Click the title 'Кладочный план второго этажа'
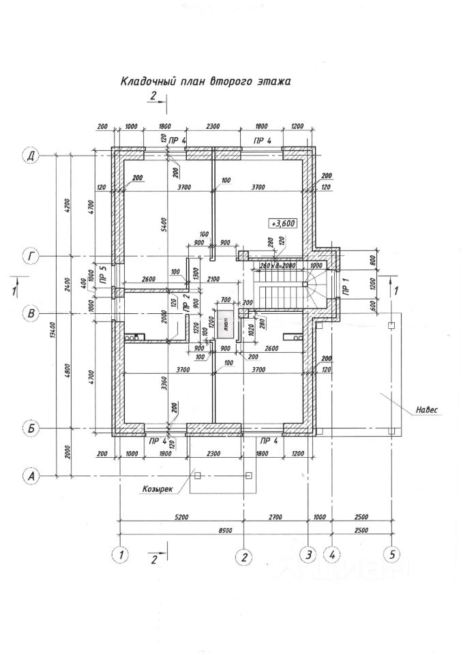tap(205, 81)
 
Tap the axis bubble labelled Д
tap(30, 156)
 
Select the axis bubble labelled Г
tap(30, 257)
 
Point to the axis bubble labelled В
tap(30, 315)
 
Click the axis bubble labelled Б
tap(30, 428)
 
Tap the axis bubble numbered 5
tap(391, 554)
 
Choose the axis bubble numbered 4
tap(332, 554)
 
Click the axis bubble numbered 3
tap(309, 554)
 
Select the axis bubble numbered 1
tap(121, 554)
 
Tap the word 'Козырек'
tap(157, 489)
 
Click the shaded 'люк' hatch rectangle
tap(226, 325)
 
